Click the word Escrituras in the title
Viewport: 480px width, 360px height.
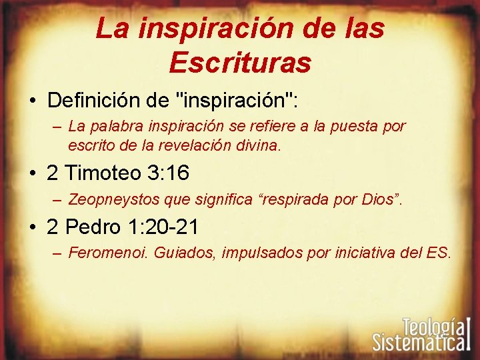[240, 62]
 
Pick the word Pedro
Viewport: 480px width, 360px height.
[98, 227]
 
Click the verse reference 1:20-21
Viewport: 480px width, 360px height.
[167, 227]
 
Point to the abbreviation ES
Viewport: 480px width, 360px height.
[440, 253]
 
